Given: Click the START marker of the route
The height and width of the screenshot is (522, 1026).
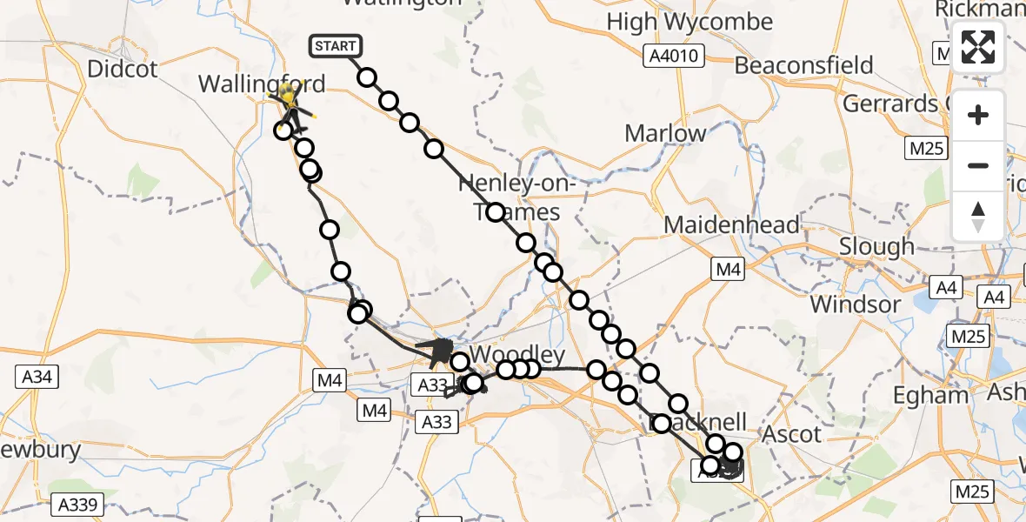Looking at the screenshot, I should (334, 46).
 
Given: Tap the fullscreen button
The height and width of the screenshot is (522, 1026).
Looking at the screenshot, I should (978, 47).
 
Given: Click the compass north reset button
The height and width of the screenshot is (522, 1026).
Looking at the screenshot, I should (978, 216).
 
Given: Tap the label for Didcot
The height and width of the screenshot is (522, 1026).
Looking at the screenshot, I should (123, 69).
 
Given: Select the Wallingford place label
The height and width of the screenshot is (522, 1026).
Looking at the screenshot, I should (262, 84).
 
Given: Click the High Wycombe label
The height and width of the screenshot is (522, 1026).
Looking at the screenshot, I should (690, 22).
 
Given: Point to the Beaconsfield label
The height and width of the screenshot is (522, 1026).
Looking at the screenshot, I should (804, 65).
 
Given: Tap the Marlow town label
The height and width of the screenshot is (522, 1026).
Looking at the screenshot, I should (666, 134).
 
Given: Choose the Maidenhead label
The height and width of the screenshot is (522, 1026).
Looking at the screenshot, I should (731, 225).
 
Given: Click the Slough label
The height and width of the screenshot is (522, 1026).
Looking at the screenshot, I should (876, 247).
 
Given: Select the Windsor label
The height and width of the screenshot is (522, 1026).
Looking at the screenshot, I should (856, 304).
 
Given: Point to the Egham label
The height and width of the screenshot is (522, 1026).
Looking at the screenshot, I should (931, 396).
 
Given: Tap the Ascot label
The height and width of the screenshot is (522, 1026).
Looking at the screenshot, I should (792, 434).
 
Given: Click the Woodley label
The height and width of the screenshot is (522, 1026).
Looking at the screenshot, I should (517, 355).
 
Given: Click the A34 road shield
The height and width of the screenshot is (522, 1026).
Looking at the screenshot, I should (37, 377).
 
